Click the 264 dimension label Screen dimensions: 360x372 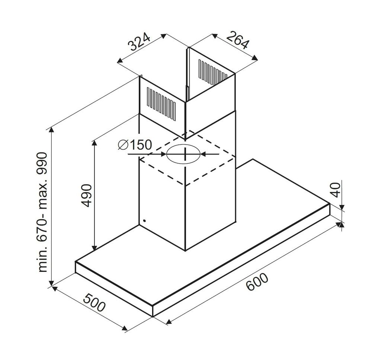pos(237,41)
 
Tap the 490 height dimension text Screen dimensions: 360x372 pos(86,195)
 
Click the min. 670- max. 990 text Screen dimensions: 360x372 pos(43,212)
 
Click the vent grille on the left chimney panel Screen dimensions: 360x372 pos(161,103)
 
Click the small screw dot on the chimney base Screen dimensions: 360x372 pos(144,221)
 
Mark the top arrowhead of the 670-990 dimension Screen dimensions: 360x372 pos(52,129)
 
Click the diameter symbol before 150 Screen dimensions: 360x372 pos(122,145)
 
